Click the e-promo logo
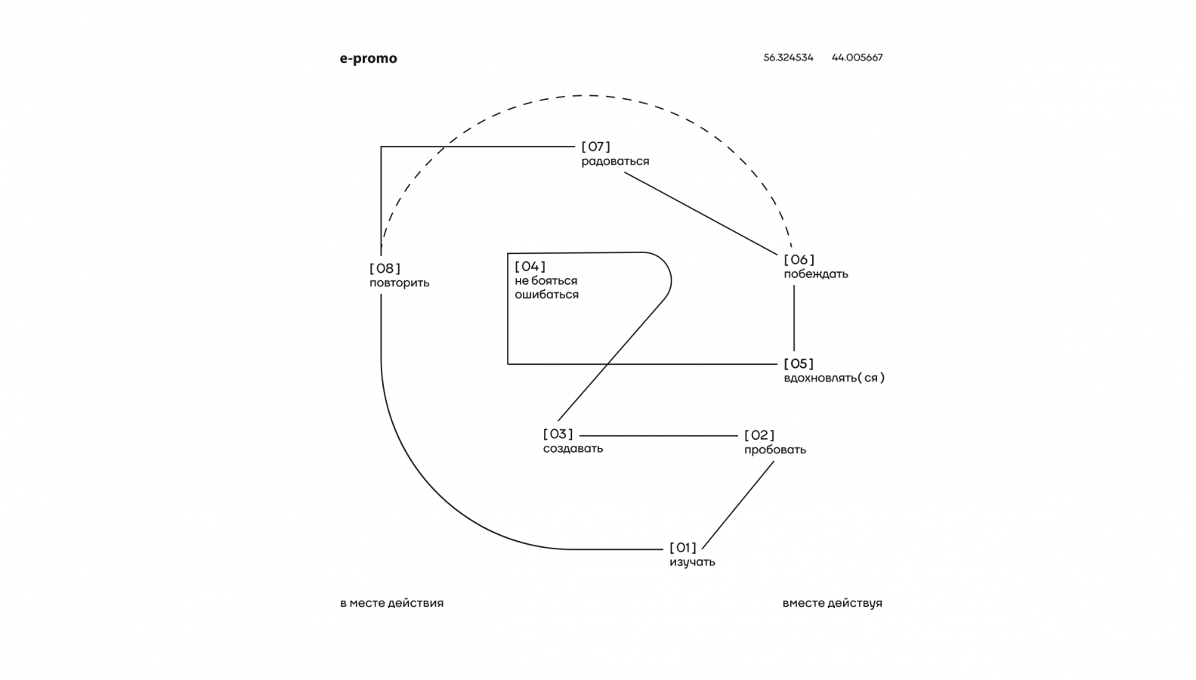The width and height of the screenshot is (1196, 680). pos(368,58)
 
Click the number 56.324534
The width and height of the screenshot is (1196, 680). pos(788,57)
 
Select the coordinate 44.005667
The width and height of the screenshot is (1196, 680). pos(857,57)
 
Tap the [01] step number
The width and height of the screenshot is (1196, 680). pos(683,548)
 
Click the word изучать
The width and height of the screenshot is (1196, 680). pos(692,562)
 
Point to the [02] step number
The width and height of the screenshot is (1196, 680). pos(759,435)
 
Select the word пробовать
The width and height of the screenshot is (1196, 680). pos(774,450)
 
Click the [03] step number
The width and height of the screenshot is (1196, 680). pos(558,434)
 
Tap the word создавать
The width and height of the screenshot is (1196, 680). pos(573,449)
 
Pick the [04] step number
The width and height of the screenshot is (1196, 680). pos(530,266)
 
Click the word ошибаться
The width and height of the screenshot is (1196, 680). pos(546,295)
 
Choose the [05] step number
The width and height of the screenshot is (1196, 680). pos(799,363)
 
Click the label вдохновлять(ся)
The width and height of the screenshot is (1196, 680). pos(833,378)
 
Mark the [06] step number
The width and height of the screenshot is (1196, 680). pos(799,260)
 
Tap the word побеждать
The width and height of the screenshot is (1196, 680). pos(815,274)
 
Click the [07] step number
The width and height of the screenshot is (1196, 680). pos(595,147)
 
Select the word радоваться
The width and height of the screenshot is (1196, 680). pos(615,162)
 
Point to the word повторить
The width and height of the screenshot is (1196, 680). pos(399,283)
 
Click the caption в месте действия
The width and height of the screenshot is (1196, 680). pos(391,603)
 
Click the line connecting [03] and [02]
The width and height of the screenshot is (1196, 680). pos(657,436)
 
